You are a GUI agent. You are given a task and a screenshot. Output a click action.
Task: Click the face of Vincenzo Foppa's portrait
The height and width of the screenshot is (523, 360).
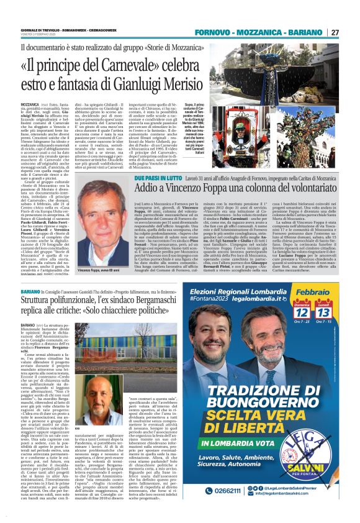[x=105, y=209]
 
